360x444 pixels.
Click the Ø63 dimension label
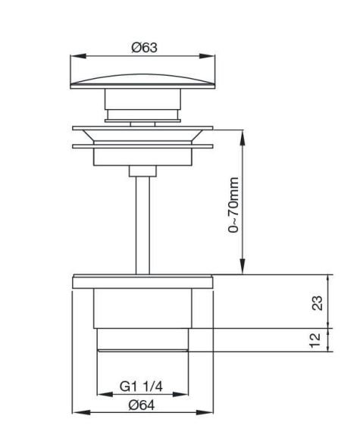click(x=144, y=47)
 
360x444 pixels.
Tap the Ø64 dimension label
click(x=142, y=405)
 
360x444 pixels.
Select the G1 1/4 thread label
click(x=141, y=386)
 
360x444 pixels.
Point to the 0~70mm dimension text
click(x=233, y=205)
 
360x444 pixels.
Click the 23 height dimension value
click(x=318, y=303)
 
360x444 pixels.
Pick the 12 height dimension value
click(x=315, y=340)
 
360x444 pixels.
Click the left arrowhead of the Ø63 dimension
click(x=78, y=56)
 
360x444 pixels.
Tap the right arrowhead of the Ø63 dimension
click(x=207, y=56)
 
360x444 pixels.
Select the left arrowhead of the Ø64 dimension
click(x=81, y=412)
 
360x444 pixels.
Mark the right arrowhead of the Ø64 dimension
click(x=205, y=412)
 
